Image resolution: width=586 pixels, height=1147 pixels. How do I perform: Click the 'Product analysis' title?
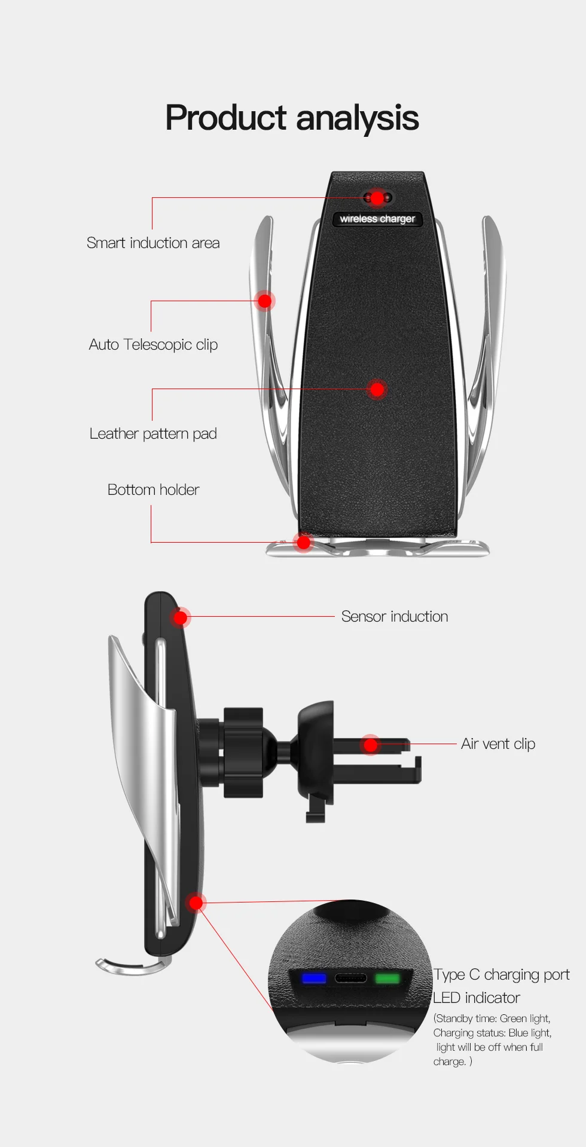(x=292, y=118)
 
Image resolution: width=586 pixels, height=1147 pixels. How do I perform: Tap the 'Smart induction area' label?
(x=153, y=243)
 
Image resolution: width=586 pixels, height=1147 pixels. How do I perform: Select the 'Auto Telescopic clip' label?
(x=153, y=345)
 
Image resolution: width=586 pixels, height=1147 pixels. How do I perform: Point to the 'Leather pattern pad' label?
(x=153, y=434)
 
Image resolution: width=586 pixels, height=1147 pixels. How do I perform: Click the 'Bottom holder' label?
(x=153, y=490)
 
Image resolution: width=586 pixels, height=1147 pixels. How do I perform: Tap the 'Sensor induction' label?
(x=395, y=617)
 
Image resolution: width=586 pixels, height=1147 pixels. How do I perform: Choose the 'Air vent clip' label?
(x=498, y=744)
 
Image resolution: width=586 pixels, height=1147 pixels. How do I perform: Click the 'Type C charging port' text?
(x=502, y=975)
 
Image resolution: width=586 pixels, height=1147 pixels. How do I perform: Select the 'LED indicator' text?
(x=477, y=998)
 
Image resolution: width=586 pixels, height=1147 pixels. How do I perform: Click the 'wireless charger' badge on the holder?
(x=377, y=219)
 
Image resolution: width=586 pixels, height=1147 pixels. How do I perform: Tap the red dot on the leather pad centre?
(x=377, y=390)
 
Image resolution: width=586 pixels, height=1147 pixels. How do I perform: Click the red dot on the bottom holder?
(x=304, y=542)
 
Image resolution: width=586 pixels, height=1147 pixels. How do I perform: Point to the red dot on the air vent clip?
(x=371, y=745)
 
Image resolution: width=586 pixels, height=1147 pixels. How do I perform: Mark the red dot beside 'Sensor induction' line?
(x=181, y=617)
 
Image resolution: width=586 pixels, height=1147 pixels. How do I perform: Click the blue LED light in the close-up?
(x=314, y=978)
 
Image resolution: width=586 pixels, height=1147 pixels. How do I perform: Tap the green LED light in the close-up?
(x=387, y=978)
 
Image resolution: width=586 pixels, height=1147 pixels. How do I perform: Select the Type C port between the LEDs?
(x=350, y=978)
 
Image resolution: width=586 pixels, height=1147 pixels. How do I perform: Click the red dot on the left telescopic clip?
(x=264, y=301)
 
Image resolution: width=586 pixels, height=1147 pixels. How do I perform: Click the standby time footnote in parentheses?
(x=492, y=1040)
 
